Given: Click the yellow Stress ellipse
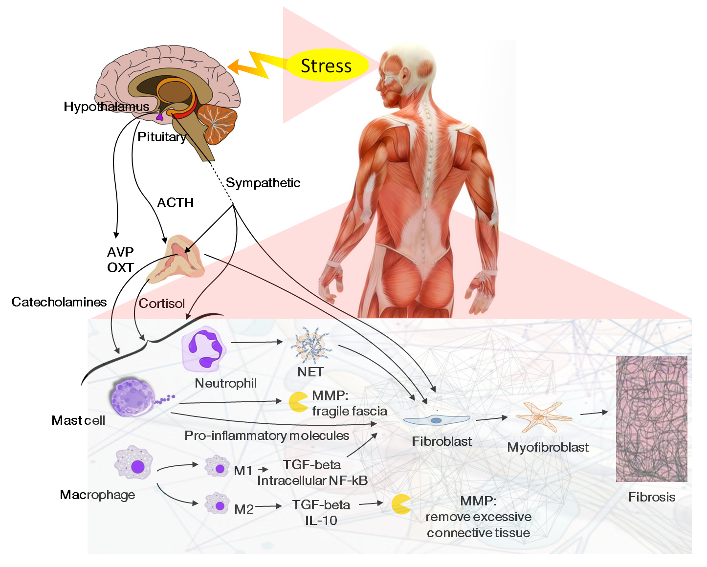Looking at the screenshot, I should (326, 65).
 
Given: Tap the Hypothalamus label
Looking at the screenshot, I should (106, 107).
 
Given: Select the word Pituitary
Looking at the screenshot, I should (162, 137).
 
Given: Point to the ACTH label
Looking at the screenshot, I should (175, 203).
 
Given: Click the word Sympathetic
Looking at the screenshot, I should (263, 183).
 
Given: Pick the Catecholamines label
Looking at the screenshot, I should (59, 302).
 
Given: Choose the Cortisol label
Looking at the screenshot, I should (161, 304).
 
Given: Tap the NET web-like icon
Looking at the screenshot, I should (311, 346).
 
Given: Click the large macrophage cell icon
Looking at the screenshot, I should (133, 463).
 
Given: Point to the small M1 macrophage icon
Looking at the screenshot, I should (217, 466).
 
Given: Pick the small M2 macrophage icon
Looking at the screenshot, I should (217, 503).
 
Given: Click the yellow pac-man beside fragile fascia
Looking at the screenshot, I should (298, 402).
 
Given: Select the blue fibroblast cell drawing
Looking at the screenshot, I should (436, 420).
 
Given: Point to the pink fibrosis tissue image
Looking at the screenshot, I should (651, 419).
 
